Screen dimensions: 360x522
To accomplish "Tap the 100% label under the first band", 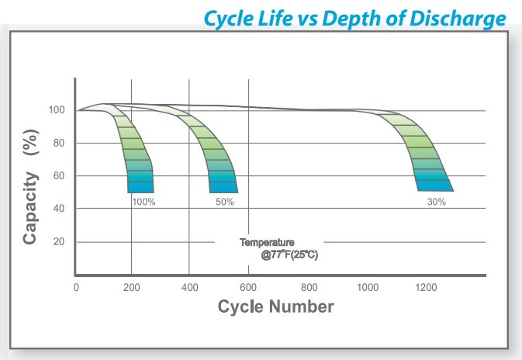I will pos(143,202).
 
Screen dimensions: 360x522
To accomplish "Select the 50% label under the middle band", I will pos(225,202).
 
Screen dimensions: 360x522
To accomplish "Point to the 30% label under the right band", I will pos(437,202).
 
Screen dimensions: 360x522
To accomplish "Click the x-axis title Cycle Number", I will pos(276,306).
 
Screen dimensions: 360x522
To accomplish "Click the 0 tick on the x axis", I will pos(76,288).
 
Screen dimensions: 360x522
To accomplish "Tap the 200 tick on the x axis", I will pos(132,288).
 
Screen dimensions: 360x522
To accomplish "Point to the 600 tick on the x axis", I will pos(250,288).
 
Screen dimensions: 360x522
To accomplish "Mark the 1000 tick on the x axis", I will pos(367,288).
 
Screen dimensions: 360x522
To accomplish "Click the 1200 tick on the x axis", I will pos(426,288).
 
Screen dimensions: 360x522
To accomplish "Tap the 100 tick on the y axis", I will pos(57,110).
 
